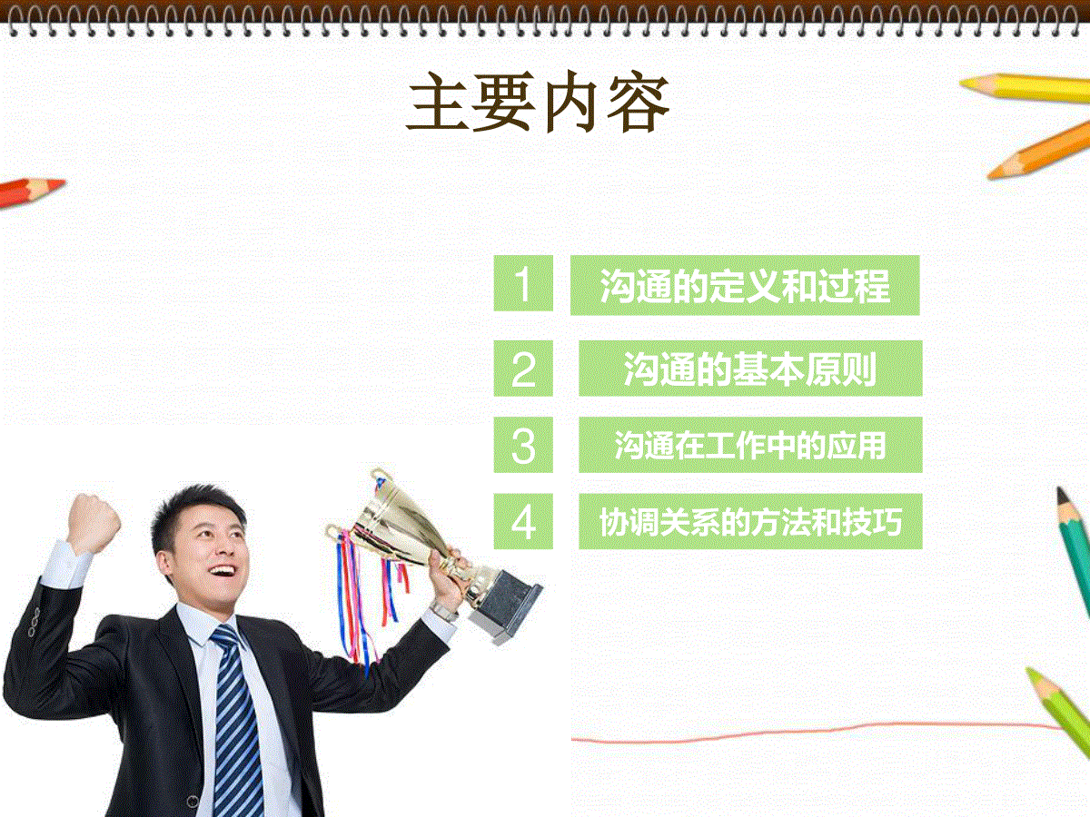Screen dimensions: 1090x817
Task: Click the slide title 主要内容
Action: (x=539, y=103)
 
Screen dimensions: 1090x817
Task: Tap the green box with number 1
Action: (x=523, y=283)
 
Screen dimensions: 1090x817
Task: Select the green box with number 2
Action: (x=523, y=368)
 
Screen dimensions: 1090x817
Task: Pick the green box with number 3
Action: (x=523, y=445)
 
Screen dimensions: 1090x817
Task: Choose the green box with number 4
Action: (x=523, y=521)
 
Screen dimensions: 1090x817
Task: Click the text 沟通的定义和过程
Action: (x=745, y=286)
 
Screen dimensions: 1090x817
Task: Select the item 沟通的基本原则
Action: (x=750, y=369)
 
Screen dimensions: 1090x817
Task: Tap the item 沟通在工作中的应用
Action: (x=750, y=445)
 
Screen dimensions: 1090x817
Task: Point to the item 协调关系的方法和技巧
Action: (x=750, y=522)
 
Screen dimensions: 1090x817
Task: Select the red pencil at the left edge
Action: (x=31, y=192)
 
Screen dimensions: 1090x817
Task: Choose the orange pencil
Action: (x=1039, y=151)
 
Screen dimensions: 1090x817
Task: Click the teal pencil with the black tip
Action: (x=1075, y=551)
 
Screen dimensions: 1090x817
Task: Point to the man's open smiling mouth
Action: (x=222, y=572)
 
